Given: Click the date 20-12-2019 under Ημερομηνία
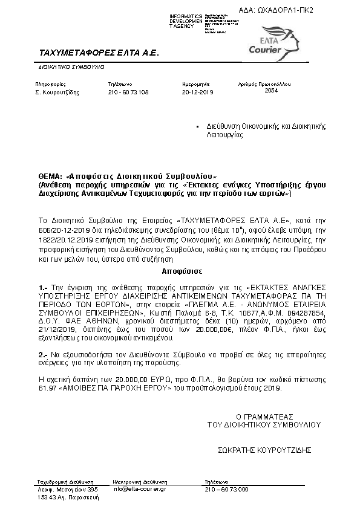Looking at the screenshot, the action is pos(198,92).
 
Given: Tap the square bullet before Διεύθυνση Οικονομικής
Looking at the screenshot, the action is pos(198,127).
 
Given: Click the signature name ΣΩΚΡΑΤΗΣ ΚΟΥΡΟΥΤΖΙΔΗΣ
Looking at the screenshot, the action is pos(264,450).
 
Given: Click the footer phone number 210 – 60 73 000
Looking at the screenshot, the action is pos(227,488).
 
